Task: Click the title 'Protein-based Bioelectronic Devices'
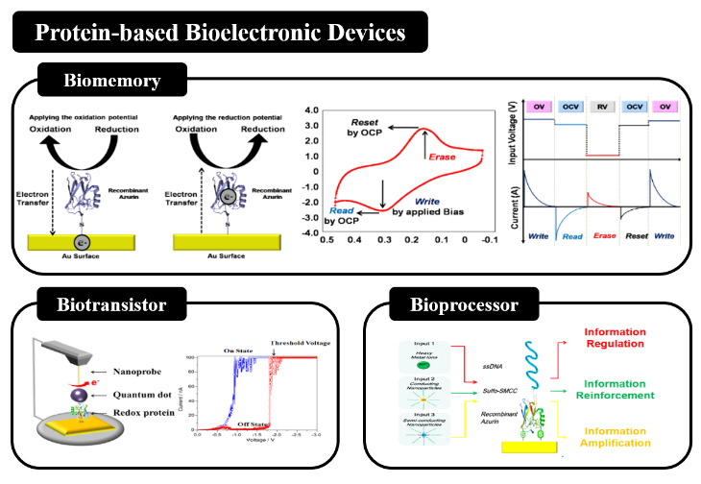219,33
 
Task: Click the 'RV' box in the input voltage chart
600,105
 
